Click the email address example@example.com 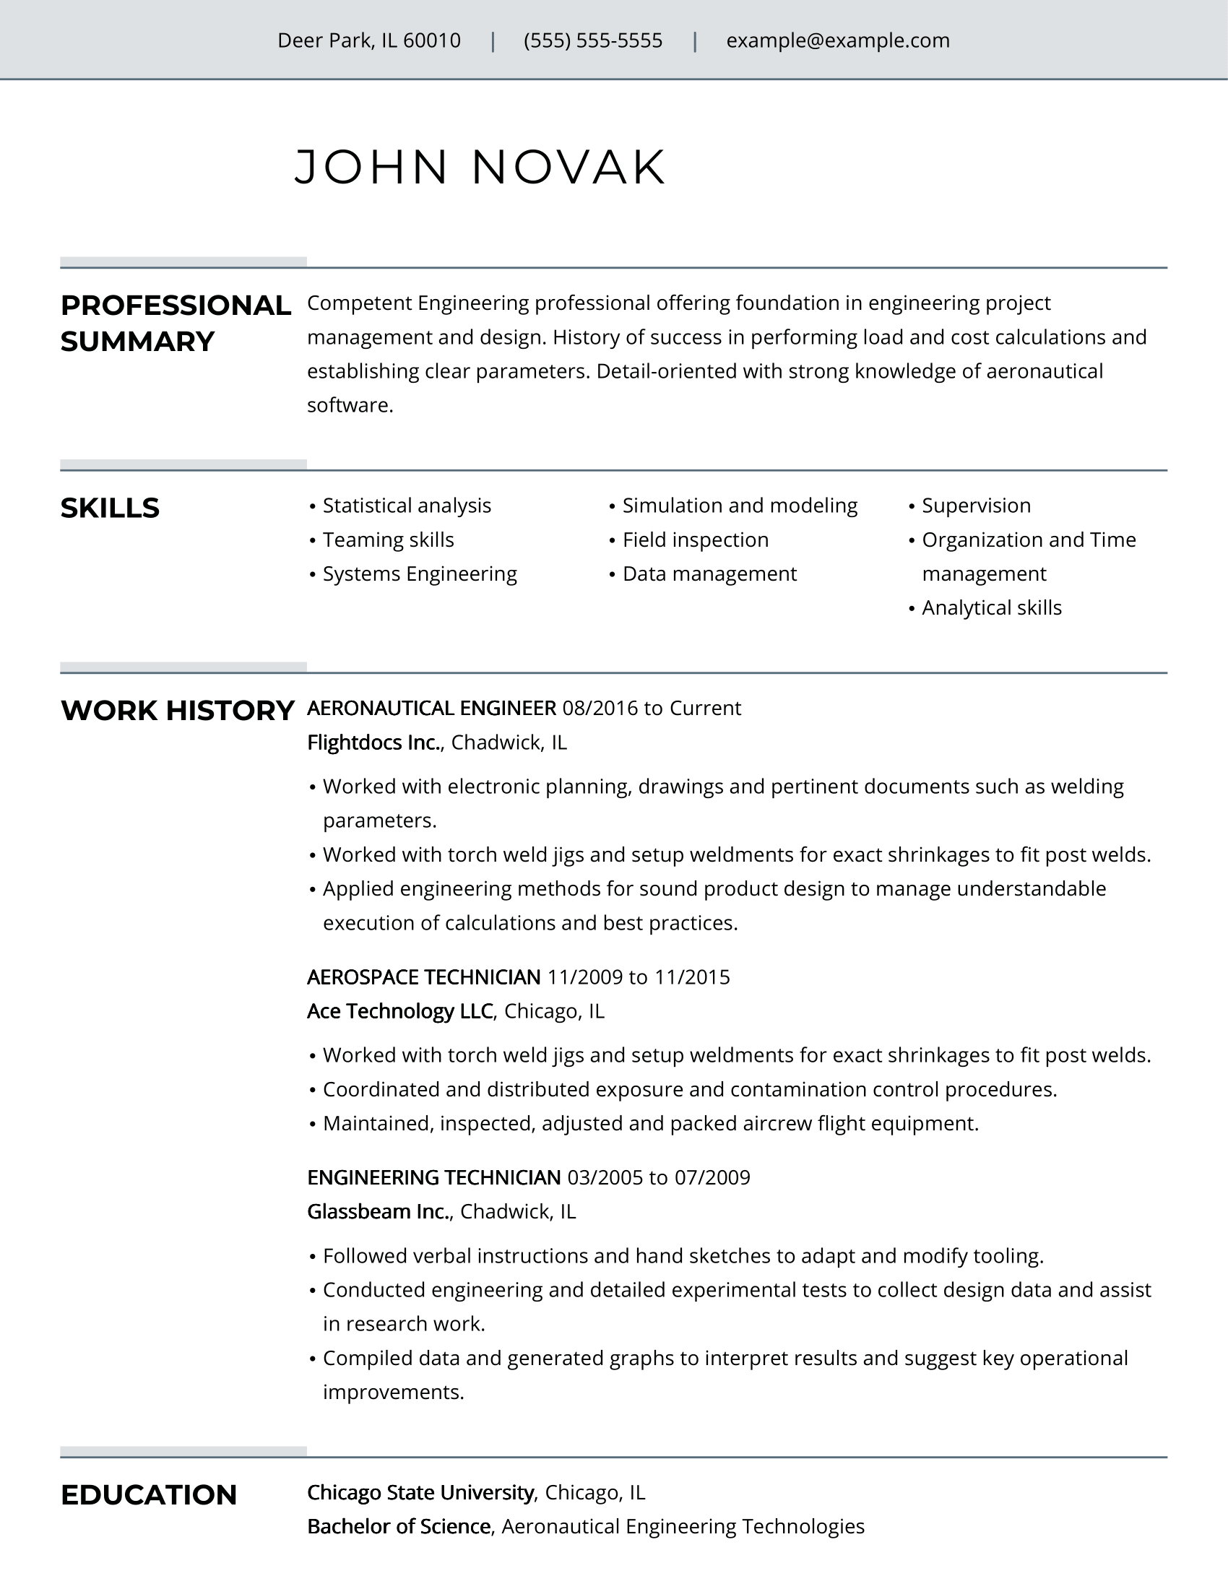[x=837, y=40]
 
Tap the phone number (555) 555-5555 [x=593, y=40]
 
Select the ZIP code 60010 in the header [x=431, y=40]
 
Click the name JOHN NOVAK [x=480, y=168]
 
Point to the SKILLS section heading [x=110, y=508]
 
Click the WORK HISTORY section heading [x=178, y=710]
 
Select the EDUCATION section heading [x=149, y=1495]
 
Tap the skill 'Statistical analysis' [x=407, y=506]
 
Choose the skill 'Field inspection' [x=696, y=540]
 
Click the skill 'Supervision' [x=977, y=506]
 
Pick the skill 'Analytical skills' [x=992, y=607]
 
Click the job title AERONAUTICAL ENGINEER [x=431, y=708]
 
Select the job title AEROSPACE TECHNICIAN [x=424, y=977]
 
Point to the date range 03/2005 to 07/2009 [x=658, y=1177]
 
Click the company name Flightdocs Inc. [x=375, y=742]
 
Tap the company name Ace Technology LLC [x=400, y=1010]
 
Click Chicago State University [x=420, y=1492]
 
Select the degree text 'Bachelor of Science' [x=399, y=1525]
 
